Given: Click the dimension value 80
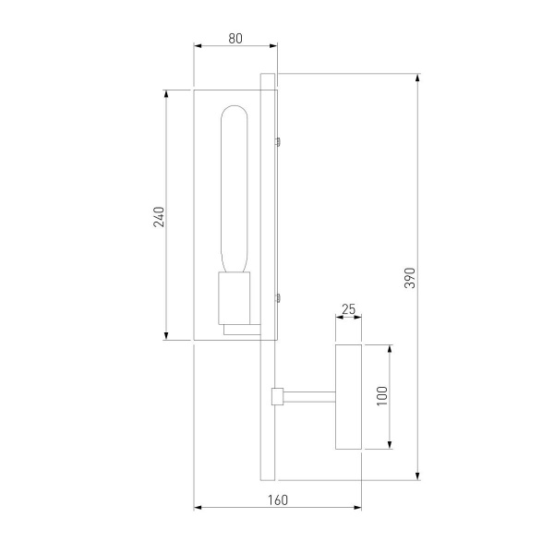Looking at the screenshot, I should (x=235, y=38).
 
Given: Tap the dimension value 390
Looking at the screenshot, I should (x=410, y=277).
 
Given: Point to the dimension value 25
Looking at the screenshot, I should (x=348, y=310).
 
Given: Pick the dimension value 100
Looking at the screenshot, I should (x=382, y=397).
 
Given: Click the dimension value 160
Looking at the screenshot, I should (x=277, y=500).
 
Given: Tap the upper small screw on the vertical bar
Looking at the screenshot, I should (x=278, y=141).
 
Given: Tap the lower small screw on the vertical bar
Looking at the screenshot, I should (x=278, y=297).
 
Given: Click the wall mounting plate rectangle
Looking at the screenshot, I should (x=348, y=397).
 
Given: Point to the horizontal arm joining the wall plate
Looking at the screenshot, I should (x=309, y=397).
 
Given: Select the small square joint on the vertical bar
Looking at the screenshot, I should (x=276, y=397).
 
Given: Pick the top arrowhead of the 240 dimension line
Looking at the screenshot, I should (x=166, y=95).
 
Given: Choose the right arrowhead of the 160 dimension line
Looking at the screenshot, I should (x=356, y=508).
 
